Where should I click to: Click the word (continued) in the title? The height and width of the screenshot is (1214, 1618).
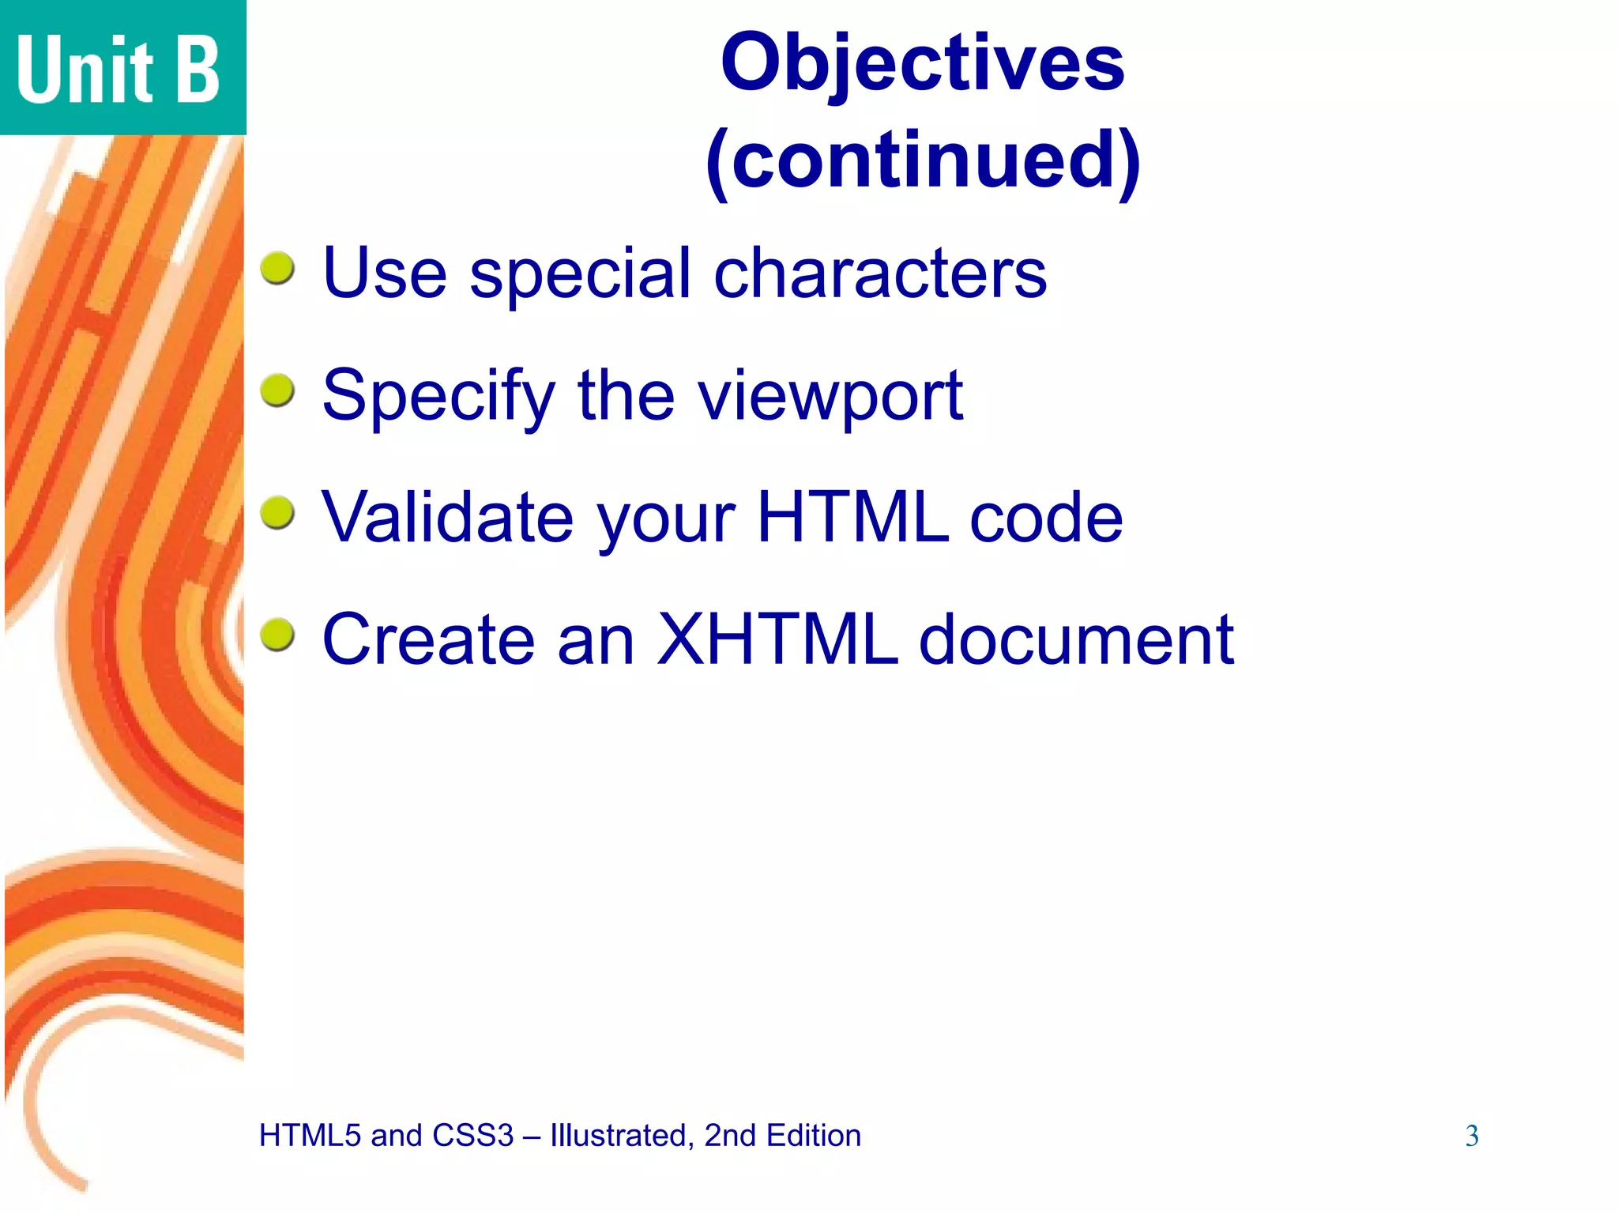coord(922,161)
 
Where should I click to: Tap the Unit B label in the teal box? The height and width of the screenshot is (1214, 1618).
coord(119,70)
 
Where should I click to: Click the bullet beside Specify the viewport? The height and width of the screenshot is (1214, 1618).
coord(277,390)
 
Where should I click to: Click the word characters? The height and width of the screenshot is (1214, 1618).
coord(880,273)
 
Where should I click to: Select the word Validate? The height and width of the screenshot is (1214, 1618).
coord(448,518)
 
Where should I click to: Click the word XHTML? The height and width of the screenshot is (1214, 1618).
coord(778,639)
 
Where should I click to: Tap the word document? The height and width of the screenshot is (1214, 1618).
coord(1076,639)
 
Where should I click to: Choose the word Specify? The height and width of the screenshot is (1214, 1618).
coord(439,397)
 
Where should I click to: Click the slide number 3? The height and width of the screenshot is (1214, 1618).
coord(1472,1136)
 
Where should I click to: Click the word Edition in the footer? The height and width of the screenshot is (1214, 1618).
coord(813,1136)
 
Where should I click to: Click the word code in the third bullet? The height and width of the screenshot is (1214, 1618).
coord(1045,518)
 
